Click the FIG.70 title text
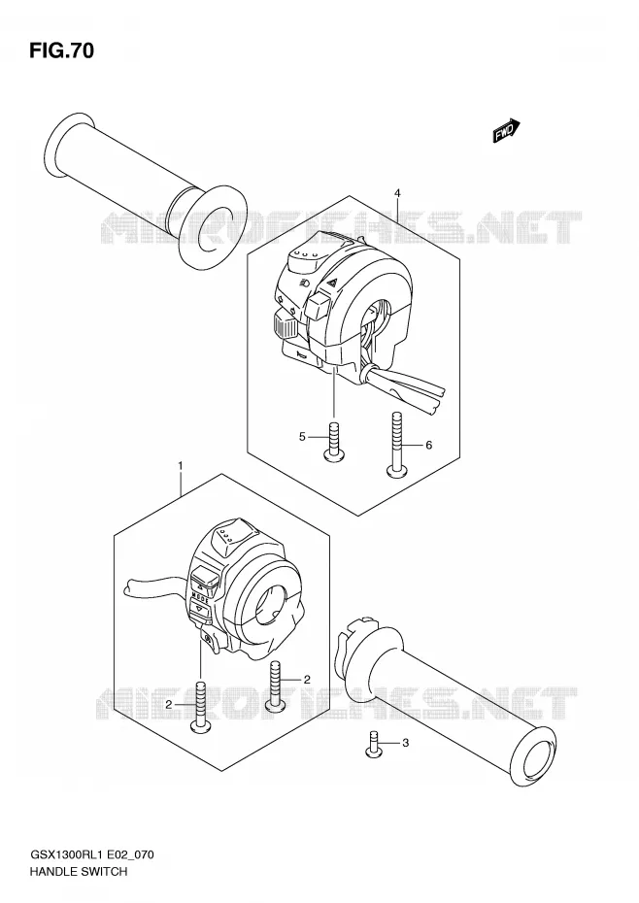61,51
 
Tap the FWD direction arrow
507,131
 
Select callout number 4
397,192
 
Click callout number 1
181,464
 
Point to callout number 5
301,438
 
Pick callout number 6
428,445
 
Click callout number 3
405,743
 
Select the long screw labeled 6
396,444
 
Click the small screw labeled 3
374,743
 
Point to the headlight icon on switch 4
305,283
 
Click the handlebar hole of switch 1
270,604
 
